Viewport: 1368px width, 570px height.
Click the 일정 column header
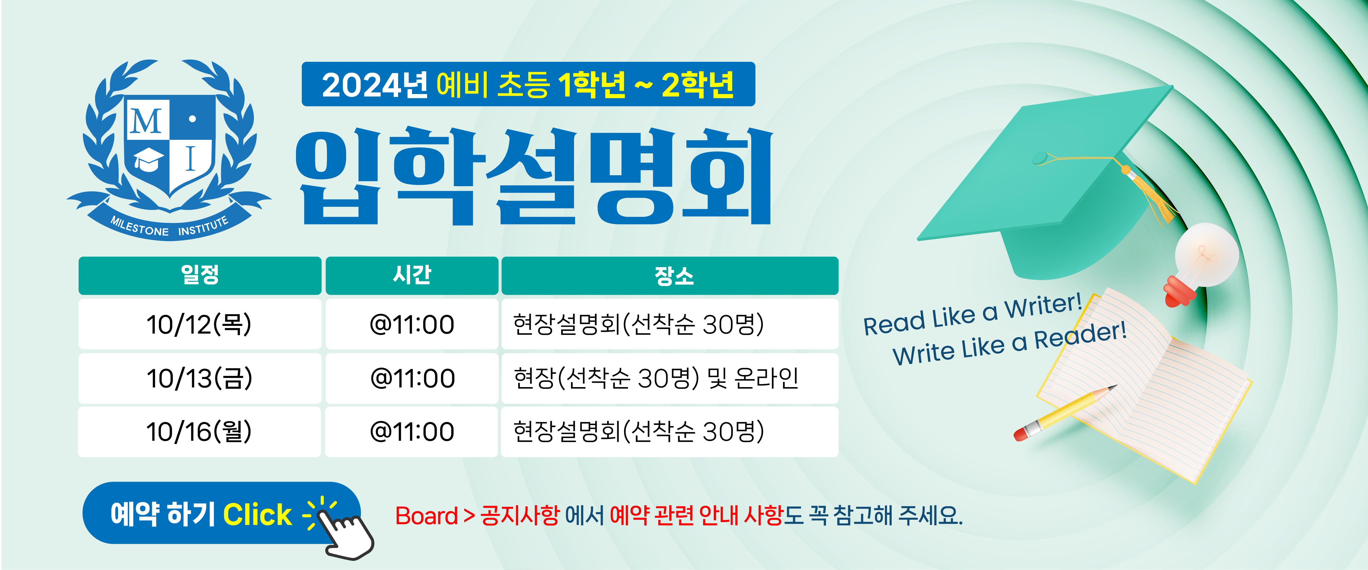click(200, 276)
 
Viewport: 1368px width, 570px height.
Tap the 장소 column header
click(670, 276)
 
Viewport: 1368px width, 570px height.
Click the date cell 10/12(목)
click(200, 324)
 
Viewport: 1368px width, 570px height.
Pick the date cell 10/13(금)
click(200, 378)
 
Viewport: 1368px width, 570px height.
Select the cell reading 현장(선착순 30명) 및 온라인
click(670, 378)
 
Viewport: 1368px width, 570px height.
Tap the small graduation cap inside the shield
click(148, 159)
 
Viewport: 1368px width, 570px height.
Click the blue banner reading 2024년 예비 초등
click(528, 84)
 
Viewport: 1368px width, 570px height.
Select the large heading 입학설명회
click(534, 175)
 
